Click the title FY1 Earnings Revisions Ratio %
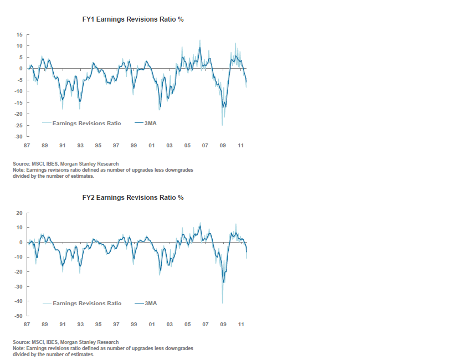(132, 19)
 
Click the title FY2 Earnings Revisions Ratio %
(132, 198)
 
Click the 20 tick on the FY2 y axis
(19, 213)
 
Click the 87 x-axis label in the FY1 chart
(27, 146)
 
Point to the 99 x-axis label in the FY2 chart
(134, 324)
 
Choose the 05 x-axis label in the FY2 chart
(187, 324)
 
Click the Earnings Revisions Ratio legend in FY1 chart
(86, 123)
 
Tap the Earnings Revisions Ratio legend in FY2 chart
(86, 303)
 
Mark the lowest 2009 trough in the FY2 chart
(223, 302)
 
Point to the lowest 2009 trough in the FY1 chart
(223, 125)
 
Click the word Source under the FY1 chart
(20, 164)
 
